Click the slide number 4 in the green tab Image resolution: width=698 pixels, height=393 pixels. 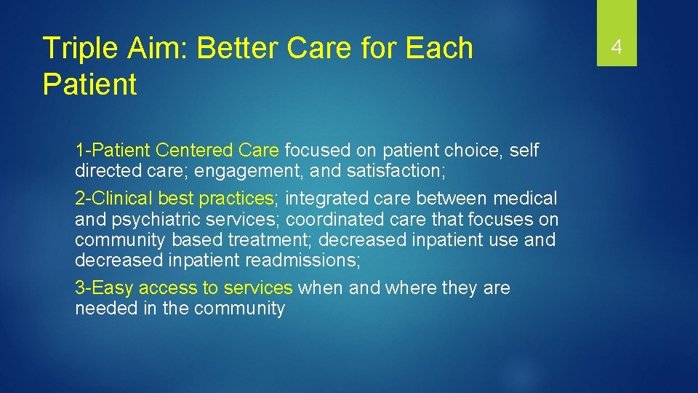click(617, 48)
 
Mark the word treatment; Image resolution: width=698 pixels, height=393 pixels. click(273, 239)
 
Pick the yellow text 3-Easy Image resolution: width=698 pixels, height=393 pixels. click(104, 288)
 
